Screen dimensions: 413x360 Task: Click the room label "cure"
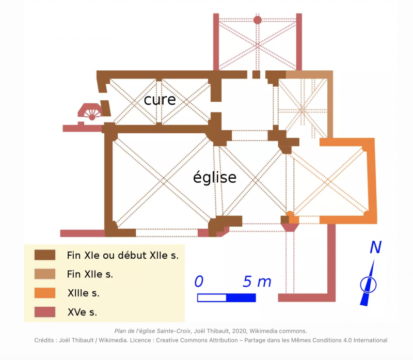160,100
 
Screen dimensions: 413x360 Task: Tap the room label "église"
215,177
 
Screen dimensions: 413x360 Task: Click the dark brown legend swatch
45,255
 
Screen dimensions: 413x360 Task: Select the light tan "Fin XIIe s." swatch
45,274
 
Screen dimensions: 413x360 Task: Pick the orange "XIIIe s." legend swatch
45,293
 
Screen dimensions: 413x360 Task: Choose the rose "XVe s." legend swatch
45,312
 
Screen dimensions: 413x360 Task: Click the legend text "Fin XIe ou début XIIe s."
123,255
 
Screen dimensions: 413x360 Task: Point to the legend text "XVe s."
83,312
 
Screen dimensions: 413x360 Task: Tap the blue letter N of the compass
376,247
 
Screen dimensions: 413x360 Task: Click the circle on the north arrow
368,285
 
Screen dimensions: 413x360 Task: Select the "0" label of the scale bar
199,281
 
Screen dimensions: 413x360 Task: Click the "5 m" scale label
257,281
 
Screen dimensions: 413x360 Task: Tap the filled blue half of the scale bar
241,298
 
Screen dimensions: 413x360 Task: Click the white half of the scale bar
212,298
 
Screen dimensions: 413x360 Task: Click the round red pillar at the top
257,20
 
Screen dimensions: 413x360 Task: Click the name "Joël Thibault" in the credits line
76,340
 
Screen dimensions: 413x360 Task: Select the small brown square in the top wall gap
256,74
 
